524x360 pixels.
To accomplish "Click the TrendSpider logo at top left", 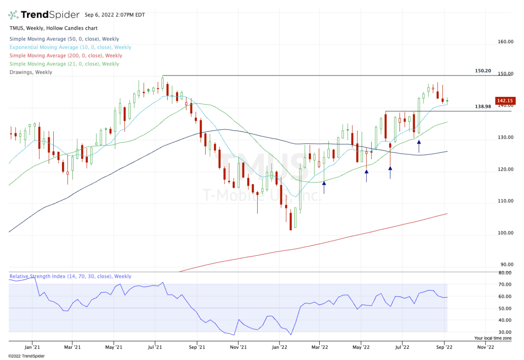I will (x=44, y=14).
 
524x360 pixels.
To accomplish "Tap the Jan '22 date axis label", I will (x=280, y=347).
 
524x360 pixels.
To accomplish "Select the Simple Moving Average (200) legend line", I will (x=66, y=55).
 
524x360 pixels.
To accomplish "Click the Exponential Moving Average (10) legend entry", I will (x=70, y=47).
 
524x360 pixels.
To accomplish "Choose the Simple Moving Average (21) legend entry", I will (x=64, y=64).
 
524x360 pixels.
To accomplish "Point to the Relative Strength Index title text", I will (x=70, y=276).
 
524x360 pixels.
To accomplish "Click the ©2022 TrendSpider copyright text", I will (x=26, y=356).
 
